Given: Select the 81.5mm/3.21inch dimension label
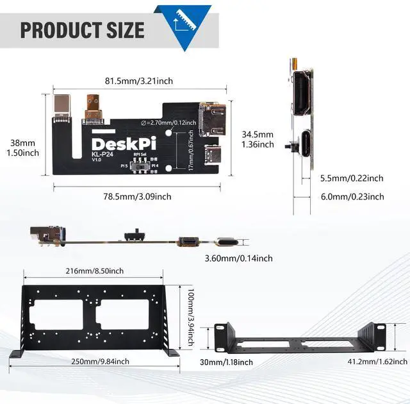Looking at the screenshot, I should (138, 81).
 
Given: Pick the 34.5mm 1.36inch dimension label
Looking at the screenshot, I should (258, 139).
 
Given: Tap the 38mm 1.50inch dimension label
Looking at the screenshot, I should (23, 147).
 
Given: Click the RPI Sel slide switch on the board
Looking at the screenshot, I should (140, 167).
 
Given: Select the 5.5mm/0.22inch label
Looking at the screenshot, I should (352, 178).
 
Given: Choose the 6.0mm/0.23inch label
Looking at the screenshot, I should (352, 197).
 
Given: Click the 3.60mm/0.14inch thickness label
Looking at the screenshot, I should (238, 258).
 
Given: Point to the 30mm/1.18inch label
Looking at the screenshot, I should (225, 362).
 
